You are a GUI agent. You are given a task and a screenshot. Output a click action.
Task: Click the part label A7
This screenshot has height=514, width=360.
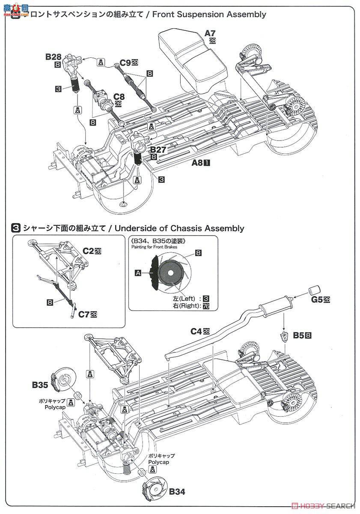210,33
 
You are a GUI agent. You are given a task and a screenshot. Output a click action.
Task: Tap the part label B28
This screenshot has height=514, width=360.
54,57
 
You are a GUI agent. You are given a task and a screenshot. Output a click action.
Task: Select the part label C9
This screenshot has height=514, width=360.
125,63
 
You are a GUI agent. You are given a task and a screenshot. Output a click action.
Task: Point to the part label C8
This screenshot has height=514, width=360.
119,97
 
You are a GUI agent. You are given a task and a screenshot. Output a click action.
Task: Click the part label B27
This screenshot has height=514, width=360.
157,149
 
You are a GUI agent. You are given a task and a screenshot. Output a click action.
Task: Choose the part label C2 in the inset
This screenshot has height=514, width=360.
89,251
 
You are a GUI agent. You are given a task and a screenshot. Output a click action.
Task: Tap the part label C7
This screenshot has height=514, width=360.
83,314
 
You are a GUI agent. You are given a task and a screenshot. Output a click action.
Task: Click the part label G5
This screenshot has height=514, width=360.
317,300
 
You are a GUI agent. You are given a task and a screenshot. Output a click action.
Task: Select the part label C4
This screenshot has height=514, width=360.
197,331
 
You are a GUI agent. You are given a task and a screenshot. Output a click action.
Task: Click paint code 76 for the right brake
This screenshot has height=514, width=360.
206,306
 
